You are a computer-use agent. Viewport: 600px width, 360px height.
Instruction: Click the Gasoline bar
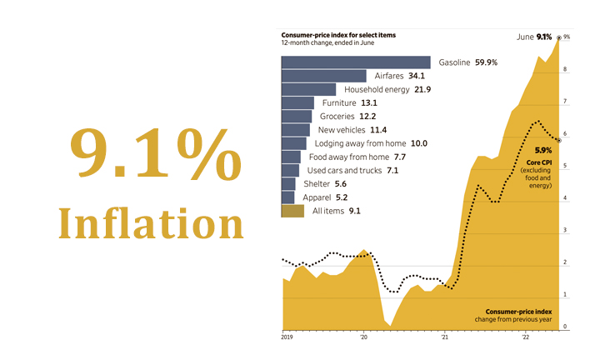coord(356,62)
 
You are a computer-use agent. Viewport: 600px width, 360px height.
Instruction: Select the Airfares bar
coord(324,76)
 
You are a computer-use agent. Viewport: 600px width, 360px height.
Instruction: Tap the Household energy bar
coord(309,89)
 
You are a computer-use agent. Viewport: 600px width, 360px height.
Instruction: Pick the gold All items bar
coord(292,212)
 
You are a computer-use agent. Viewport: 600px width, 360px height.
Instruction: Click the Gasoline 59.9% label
coord(474,62)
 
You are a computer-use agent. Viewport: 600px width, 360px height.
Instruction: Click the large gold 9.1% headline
coord(140,152)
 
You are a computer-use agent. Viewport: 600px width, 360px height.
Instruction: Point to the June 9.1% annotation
coord(534,37)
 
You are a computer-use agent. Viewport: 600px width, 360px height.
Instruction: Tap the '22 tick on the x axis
coord(525,337)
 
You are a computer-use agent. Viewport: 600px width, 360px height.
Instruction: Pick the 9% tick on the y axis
coord(567,37)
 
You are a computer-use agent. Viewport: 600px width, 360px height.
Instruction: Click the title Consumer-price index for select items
coord(337,35)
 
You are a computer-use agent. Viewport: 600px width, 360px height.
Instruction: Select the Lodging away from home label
coord(370,143)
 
